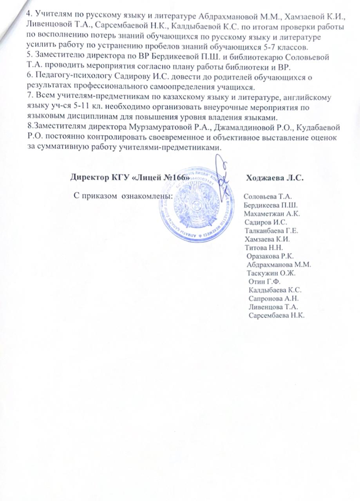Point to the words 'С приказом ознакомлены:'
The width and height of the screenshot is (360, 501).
124,195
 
